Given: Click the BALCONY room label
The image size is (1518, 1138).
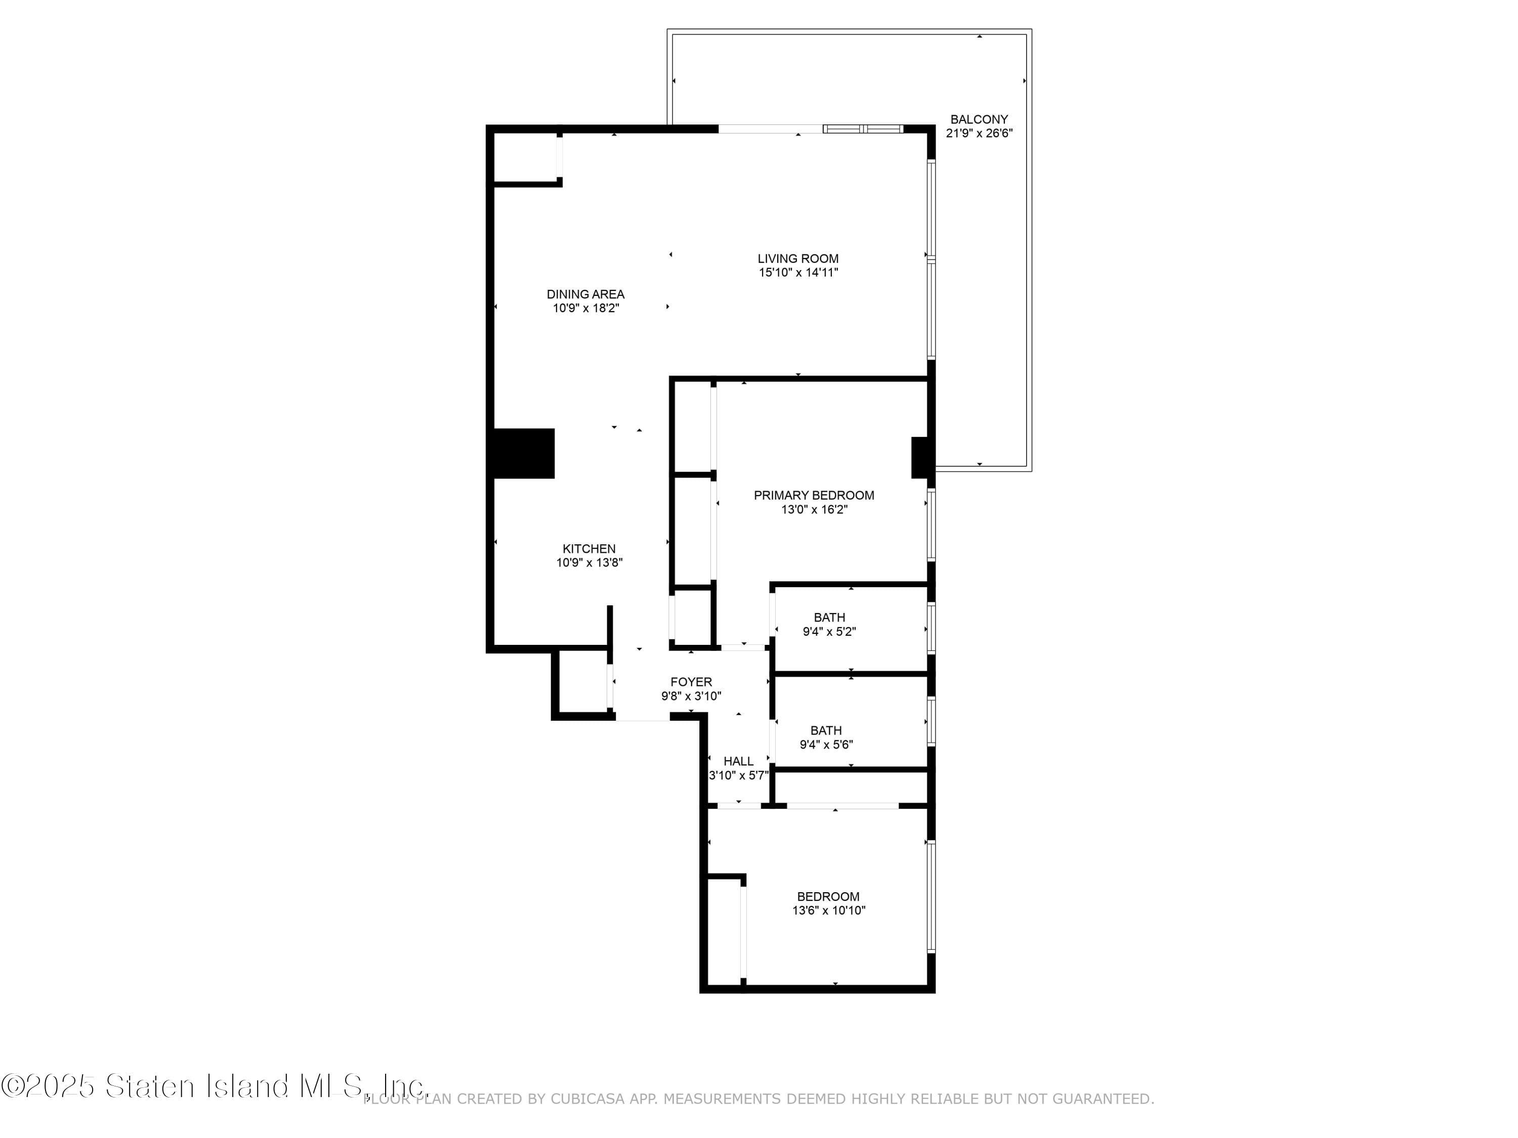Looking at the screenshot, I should (x=979, y=119).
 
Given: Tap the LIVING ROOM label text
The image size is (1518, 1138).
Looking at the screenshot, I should (x=797, y=258).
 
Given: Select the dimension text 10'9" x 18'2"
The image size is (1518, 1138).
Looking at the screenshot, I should (x=585, y=309).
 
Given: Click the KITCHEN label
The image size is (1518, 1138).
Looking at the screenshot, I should (x=589, y=549).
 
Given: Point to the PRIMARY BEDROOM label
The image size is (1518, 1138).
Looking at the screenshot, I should (x=813, y=495).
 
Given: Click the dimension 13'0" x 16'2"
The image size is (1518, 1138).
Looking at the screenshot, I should (x=814, y=510).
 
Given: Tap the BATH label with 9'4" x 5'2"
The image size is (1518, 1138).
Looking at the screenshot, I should (x=829, y=618).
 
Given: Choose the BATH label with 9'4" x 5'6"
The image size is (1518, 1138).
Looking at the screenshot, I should (x=826, y=730).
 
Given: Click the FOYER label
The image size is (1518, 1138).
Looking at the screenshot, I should (x=691, y=682).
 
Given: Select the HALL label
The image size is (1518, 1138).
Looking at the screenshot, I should (x=738, y=761).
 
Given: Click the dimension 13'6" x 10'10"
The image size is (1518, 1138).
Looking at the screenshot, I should (x=828, y=911).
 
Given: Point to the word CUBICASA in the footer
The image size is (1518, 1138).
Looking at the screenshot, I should (x=587, y=1100).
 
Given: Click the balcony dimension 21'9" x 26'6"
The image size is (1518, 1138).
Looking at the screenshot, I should (x=979, y=134).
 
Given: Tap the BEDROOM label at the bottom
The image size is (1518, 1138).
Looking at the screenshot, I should (x=828, y=897).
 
